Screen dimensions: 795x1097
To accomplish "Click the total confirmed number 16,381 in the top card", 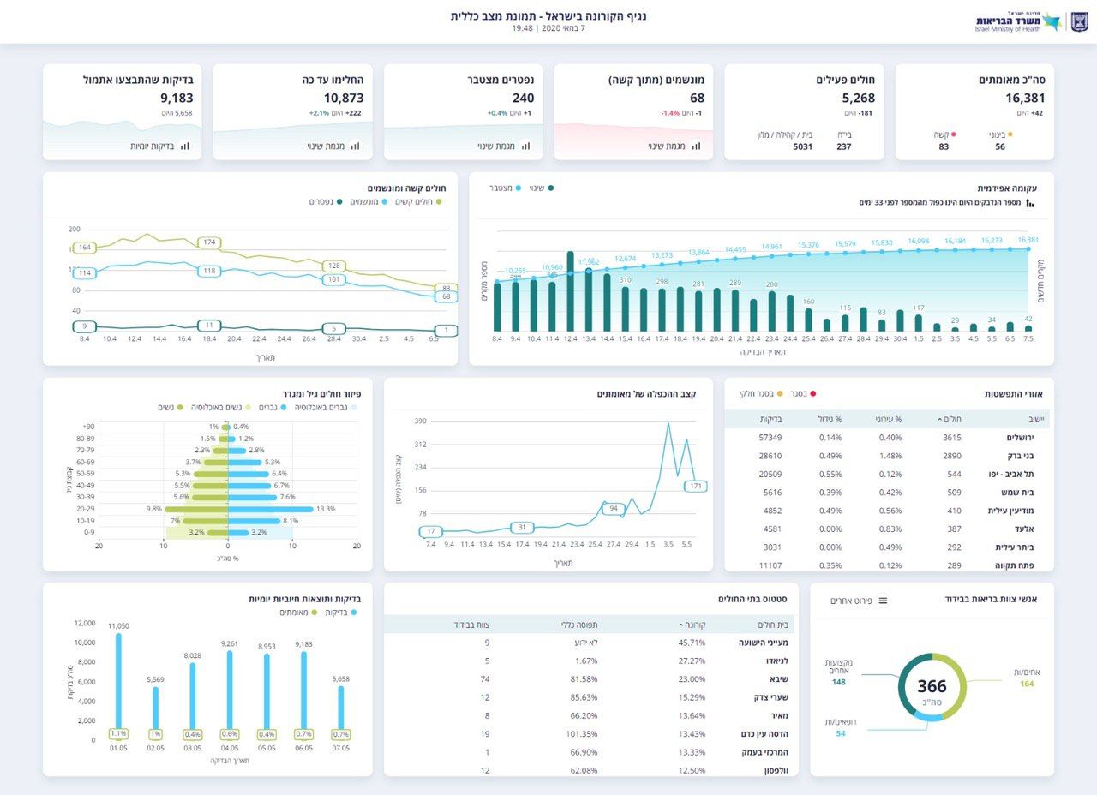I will click(1025, 99).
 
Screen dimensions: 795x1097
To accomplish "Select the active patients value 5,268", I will click(858, 99).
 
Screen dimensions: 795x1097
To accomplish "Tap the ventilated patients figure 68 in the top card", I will click(697, 99).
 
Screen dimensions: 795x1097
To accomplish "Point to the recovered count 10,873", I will click(344, 99).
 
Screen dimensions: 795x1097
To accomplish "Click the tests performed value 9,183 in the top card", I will click(177, 99).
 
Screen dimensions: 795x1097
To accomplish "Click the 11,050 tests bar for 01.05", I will click(118, 685).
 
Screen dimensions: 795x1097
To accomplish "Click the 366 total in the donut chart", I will click(932, 686).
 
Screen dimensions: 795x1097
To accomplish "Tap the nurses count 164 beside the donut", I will click(1027, 684).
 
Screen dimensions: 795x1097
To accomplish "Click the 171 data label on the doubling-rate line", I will click(695, 487).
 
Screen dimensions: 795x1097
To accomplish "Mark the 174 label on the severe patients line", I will click(210, 242).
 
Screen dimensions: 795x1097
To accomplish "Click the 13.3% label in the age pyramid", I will click(327, 509).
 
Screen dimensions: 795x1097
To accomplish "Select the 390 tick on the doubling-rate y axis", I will click(420, 421).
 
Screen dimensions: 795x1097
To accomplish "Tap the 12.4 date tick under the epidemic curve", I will click(570, 339).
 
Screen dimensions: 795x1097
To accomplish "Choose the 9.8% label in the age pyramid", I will click(154, 509).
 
